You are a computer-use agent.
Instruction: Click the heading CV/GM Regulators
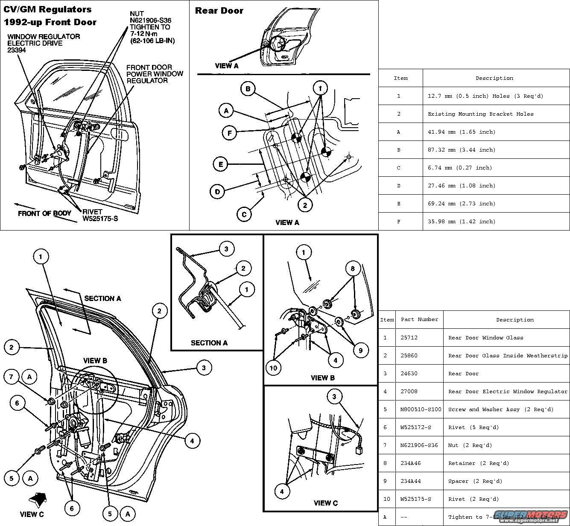click(x=47, y=9)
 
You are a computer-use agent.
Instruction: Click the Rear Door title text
click(x=219, y=11)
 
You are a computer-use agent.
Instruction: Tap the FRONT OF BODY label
click(x=44, y=213)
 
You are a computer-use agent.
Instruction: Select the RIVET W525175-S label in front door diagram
click(x=100, y=215)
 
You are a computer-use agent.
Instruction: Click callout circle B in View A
click(x=248, y=89)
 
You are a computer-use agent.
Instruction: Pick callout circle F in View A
click(x=230, y=133)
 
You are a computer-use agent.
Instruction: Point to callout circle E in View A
click(x=220, y=164)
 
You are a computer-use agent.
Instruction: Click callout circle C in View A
click(x=244, y=214)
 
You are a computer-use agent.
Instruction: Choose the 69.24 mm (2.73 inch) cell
click(x=462, y=204)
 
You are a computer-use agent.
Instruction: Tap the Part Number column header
click(x=419, y=319)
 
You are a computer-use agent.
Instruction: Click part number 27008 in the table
click(x=409, y=392)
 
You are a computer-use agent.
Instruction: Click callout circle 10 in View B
click(x=274, y=367)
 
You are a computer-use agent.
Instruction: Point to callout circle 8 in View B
click(x=353, y=269)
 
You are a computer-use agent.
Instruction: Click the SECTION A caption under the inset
click(x=209, y=342)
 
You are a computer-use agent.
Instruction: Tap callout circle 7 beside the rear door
click(x=12, y=377)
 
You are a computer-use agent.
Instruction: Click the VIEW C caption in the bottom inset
click(x=325, y=503)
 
